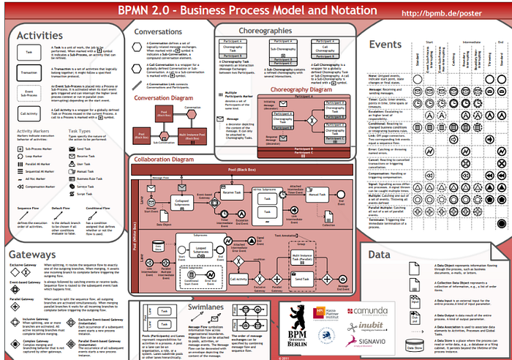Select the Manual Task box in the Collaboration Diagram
(x=317, y=195)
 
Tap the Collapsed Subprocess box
(x=182, y=202)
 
